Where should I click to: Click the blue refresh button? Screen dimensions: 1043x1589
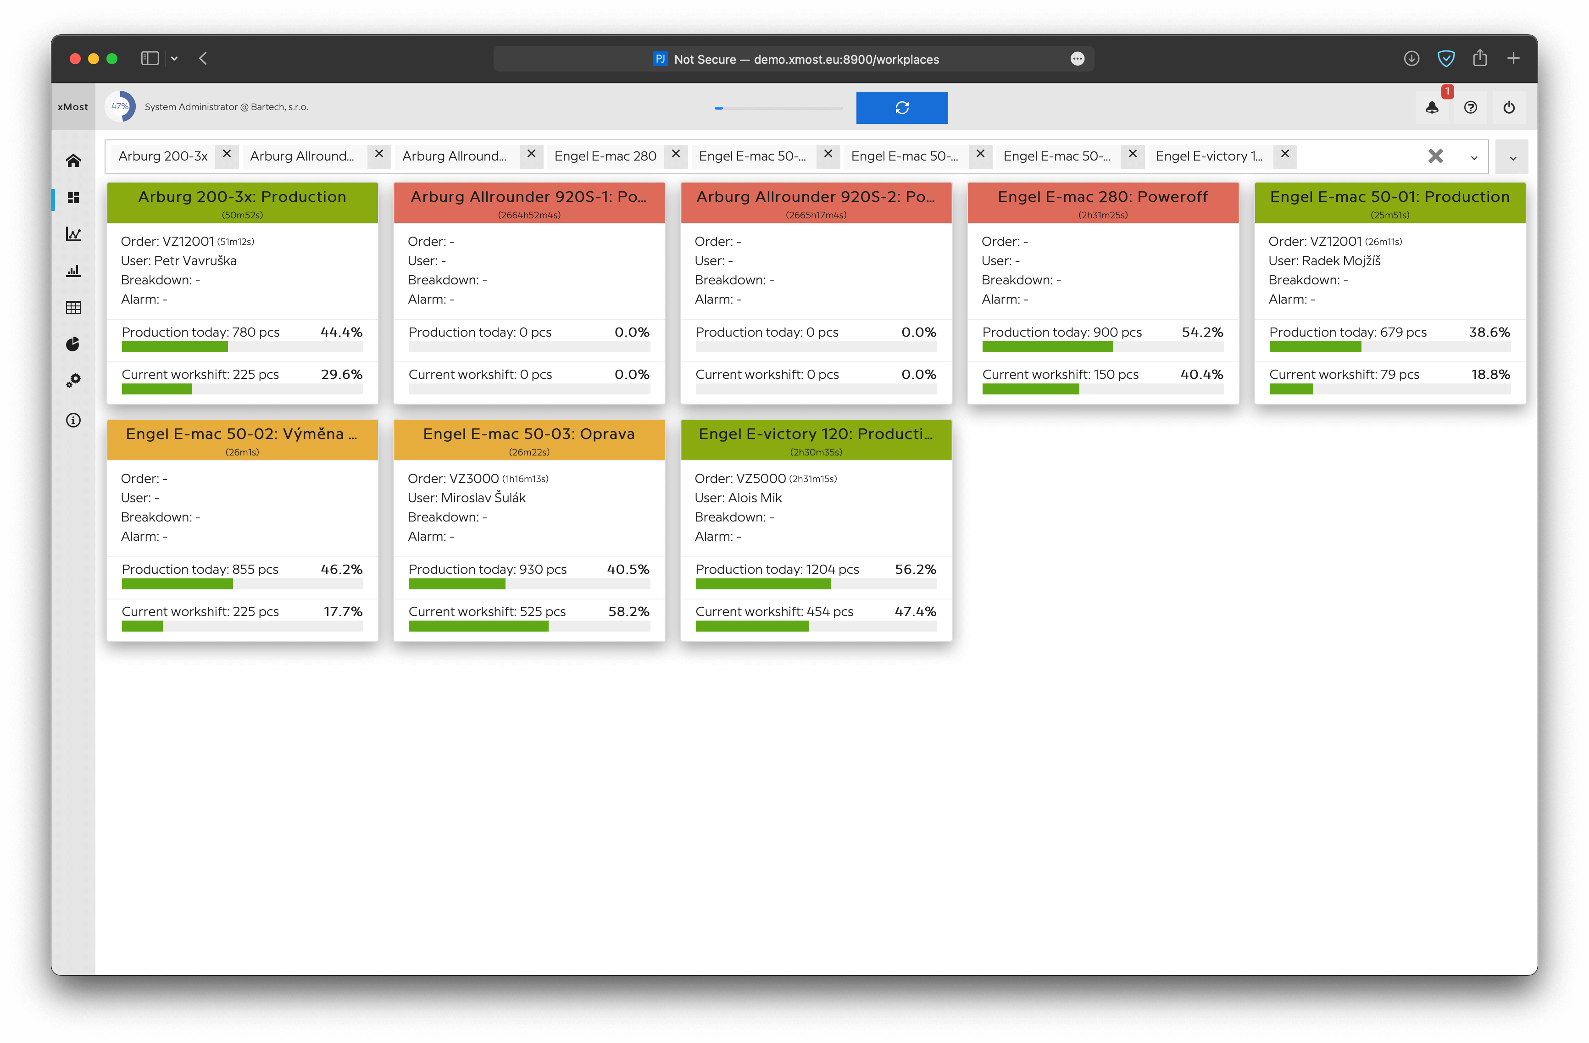tap(901, 107)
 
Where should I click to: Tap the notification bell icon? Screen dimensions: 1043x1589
tap(1432, 107)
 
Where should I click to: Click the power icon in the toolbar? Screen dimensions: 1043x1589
tap(1508, 107)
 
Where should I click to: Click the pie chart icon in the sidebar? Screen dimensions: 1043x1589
tap(73, 344)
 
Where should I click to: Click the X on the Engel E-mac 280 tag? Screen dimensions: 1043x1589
tap(676, 154)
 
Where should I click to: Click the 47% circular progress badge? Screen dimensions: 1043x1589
tap(120, 107)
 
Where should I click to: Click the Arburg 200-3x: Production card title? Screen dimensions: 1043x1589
tap(242, 197)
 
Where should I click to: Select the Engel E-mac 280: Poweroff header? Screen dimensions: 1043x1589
tap(1102, 197)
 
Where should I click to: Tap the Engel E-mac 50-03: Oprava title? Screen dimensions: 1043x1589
tap(529, 434)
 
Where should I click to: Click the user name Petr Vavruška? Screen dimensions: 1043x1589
tap(195, 261)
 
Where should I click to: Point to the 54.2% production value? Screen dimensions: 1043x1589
tap(1202, 333)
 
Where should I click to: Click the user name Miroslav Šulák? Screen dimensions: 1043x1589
tap(483, 498)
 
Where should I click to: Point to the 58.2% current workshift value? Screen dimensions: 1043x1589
tap(628, 612)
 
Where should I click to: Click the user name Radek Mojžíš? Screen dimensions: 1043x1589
tap(1341, 261)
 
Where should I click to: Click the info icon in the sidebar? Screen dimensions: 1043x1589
tap(73, 420)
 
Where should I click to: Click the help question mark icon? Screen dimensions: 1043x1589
tap(1470, 107)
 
